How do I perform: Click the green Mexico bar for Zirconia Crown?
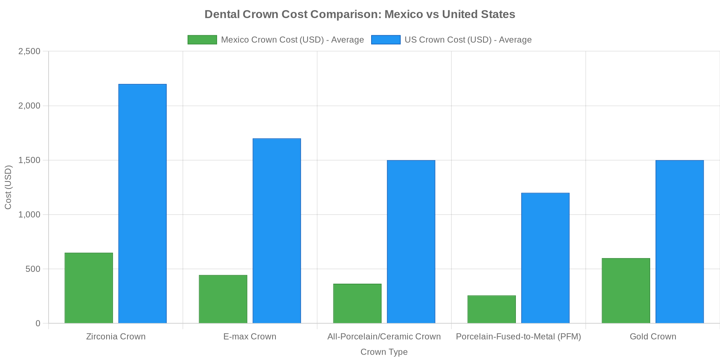pos(89,288)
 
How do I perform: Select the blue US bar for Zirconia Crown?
pos(142,204)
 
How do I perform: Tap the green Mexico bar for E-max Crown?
pos(223,299)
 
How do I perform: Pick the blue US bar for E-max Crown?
pos(276,231)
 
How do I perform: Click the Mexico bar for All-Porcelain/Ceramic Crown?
pos(357,303)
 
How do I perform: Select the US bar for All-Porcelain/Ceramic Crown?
pos(411,242)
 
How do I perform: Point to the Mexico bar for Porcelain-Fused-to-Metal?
pos(491,309)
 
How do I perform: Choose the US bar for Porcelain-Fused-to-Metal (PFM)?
pos(545,258)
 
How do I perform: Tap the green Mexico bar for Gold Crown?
pos(626,291)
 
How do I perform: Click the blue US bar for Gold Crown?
pos(679,242)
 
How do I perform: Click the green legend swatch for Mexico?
pos(202,40)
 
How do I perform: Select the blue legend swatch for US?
pos(386,40)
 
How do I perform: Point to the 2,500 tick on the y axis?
pos(29,51)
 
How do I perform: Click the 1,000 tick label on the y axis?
pos(29,215)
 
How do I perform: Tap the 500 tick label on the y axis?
pos(32,269)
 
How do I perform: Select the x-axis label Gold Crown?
pos(653,337)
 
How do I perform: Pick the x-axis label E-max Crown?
pos(249,337)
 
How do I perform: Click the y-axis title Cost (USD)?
pos(8,187)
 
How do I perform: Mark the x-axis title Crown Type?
pos(384,352)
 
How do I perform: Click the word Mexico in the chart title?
pos(399,14)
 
